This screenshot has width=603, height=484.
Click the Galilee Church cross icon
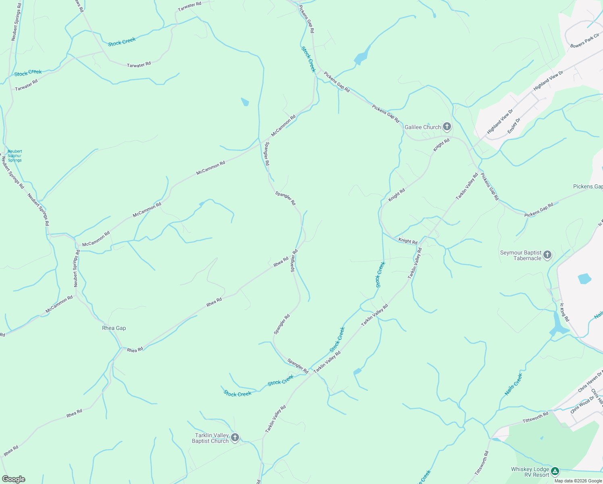(447, 127)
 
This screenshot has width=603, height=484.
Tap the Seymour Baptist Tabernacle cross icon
(547, 255)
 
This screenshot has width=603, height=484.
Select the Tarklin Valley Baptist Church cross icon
(235, 438)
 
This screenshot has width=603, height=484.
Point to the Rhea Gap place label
(114, 328)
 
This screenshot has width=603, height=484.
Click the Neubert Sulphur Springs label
(15, 156)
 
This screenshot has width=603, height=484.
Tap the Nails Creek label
(514, 384)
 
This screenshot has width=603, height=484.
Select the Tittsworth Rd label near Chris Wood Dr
(535, 417)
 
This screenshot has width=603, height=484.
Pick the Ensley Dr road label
(514, 125)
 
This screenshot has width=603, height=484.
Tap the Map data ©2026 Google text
(578, 481)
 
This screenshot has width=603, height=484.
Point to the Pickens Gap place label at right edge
(588, 186)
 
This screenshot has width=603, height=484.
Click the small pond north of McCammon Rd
(245, 102)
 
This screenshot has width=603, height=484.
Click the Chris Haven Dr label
(589, 382)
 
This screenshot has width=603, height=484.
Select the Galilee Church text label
(422, 127)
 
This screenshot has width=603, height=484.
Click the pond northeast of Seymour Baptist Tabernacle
(584, 279)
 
